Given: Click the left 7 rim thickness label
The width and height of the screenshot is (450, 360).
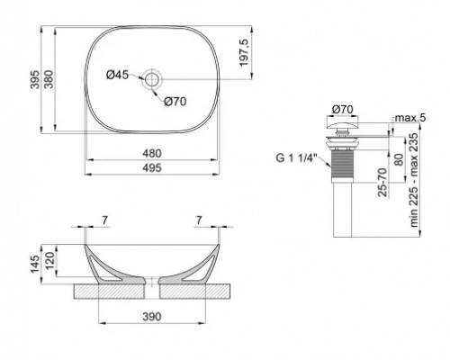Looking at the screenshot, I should click(104, 219).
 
